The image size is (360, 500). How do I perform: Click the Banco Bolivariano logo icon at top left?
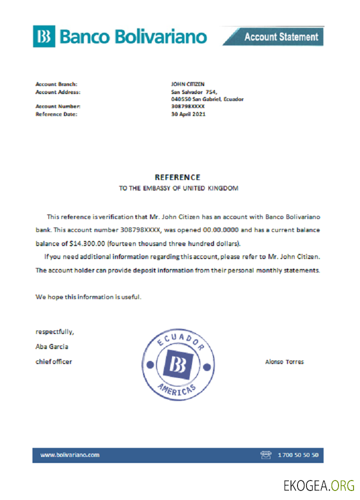[x=44, y=36]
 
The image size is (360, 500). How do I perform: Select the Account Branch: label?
[x=56, y=84]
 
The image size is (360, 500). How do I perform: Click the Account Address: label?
[x=58, y=92]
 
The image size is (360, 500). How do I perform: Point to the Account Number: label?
[x=58, y=106]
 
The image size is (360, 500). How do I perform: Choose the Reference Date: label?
[x=56, y=114]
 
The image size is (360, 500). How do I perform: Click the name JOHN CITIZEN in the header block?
[x=187, y=84]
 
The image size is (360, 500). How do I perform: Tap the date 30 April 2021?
[x=188, y=114]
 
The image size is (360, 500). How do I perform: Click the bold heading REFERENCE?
[x=177, y=177]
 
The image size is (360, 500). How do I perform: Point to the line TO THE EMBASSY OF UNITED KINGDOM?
[x=178, y=188]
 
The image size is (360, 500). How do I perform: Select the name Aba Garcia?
[x=52, y=346]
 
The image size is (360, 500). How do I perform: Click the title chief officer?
[x=53, y=361]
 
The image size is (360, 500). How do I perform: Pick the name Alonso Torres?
[x=284, y=361]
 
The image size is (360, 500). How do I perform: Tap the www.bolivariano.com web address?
[x=70, y=454]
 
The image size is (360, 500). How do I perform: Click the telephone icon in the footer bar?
[x=265, y=455]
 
